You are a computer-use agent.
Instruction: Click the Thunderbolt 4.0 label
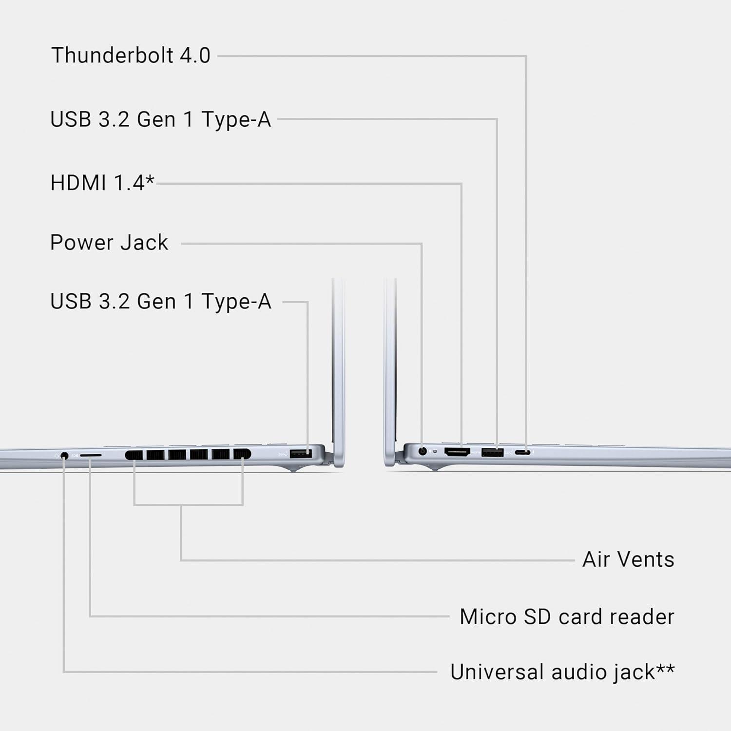131,56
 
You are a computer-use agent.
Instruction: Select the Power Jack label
109,243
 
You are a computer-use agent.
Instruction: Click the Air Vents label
628,559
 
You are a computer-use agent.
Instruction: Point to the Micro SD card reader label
567,617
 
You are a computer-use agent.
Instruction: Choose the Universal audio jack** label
562,672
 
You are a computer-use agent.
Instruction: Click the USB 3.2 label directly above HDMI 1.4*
160,119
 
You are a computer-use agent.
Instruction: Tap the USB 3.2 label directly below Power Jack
160,302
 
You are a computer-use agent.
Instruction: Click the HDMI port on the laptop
457,452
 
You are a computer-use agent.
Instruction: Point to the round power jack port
423,451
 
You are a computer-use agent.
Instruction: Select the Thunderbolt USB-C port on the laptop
523,453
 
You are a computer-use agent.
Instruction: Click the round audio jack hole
64,456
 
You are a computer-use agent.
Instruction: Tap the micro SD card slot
91,455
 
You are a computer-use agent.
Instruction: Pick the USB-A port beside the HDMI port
492,453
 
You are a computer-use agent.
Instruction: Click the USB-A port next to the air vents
301,454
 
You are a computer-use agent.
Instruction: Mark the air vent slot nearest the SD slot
134,455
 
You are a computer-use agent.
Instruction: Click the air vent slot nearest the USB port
242,454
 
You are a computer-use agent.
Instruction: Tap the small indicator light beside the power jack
435,452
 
